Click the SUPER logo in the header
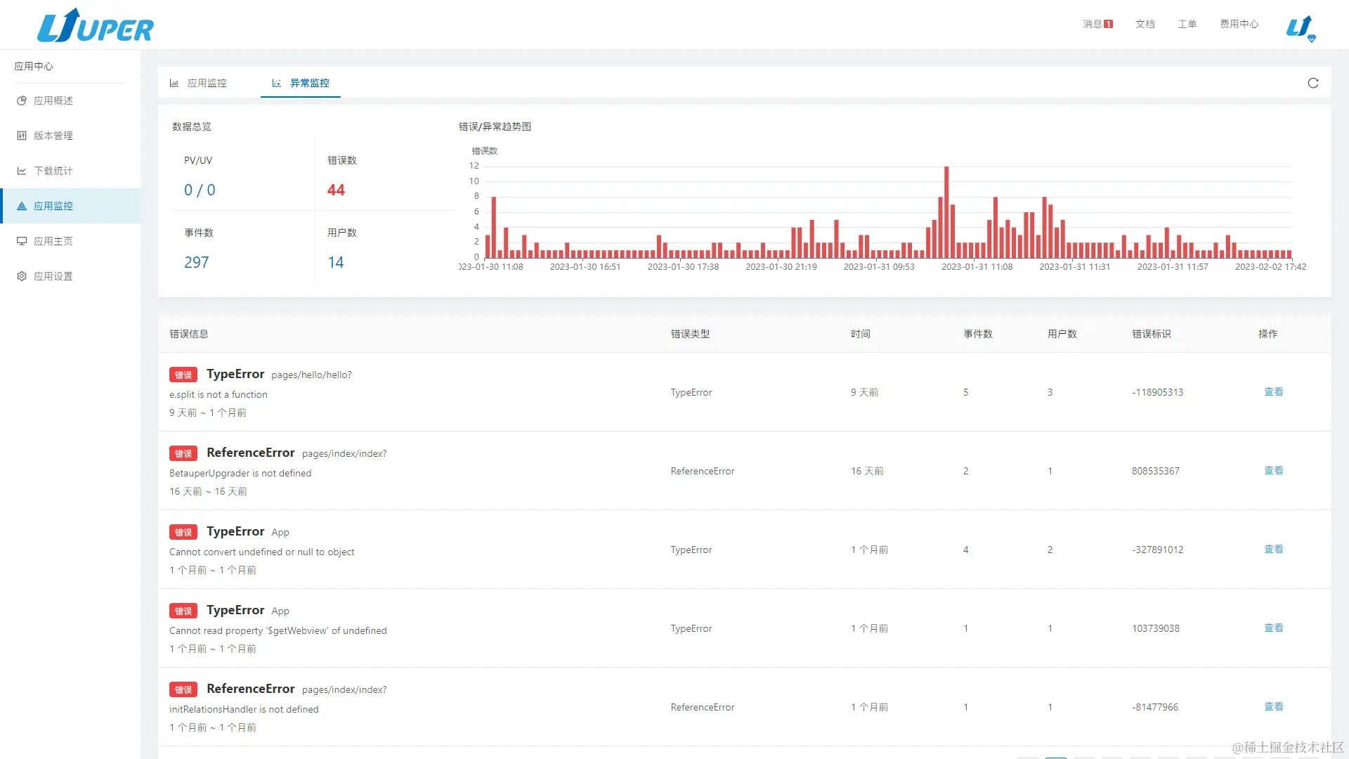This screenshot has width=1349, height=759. click(96, 27)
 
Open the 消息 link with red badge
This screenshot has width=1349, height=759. click(1097, 24)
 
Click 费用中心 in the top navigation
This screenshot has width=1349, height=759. click(1239, 24)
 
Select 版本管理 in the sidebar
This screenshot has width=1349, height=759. click(53, 136)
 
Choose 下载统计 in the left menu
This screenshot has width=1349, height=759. click(53, 171)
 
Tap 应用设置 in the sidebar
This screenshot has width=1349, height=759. click(53, 276)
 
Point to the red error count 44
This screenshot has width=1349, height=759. click(336, 190)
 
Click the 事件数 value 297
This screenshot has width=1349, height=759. click(196, 262)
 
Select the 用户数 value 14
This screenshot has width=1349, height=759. click(335, 262)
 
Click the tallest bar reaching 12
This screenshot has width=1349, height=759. click(946, 211)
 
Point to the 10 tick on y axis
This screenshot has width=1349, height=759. click(474, 181)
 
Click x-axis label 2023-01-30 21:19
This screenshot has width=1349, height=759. click(781, 267)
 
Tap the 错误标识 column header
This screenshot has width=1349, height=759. click(1151, 334)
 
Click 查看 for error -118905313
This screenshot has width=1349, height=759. click(1273, 392)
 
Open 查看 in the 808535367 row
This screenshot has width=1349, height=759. click(1273, 471)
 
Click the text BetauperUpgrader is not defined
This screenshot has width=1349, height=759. click(240, 473)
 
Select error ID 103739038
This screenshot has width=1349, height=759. click(1155, 628)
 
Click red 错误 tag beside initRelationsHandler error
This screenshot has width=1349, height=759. click(183, 689)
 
